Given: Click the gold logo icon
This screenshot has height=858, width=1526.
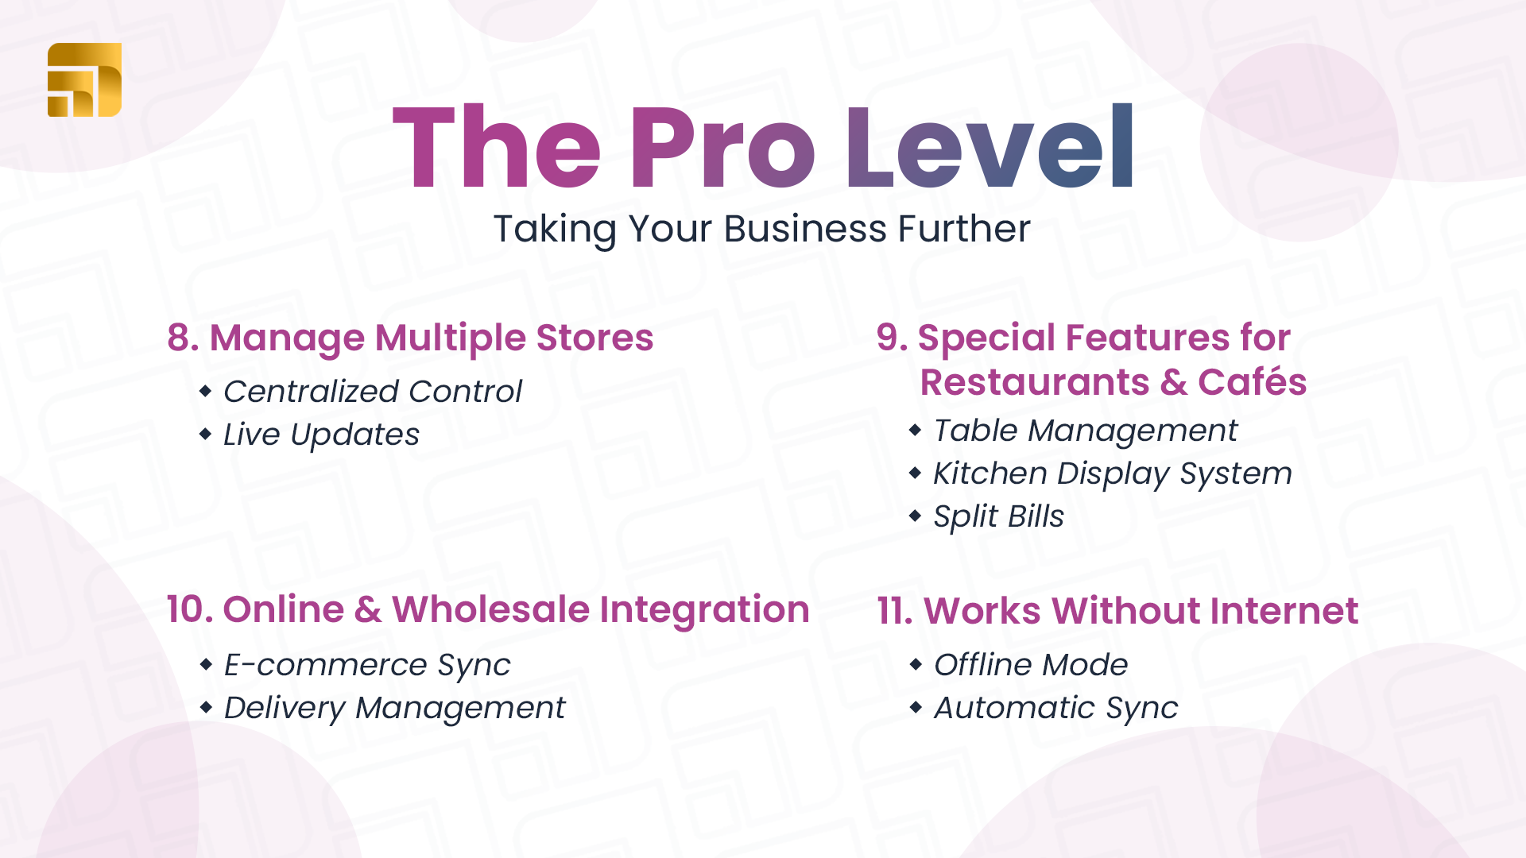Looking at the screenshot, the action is [x=84, y=79].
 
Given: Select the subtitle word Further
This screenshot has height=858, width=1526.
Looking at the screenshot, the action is [x=964, y=229].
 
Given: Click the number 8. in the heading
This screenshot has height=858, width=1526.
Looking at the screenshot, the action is [x=183, y=338].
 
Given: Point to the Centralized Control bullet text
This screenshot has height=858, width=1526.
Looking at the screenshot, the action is [x=373, y=391].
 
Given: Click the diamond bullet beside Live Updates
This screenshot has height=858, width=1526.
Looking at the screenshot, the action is [x=206, y=434].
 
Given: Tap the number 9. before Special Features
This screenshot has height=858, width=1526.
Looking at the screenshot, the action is [x=893, y=338].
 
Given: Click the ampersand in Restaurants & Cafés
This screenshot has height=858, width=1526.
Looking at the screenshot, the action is [x=1174, y=382].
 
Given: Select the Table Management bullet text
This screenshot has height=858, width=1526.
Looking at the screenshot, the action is [x=1086, y=431].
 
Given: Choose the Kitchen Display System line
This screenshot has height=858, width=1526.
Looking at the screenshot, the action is [x=1113, y=473].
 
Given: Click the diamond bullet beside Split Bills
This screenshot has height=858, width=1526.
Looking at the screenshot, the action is [x=916, y=516].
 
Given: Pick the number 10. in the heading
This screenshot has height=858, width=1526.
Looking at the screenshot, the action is [x=190, y=609].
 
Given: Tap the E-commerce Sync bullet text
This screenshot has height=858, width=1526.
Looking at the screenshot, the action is [x=367, y=665].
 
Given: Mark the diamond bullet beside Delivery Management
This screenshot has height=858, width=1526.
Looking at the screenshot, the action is [x=206, y=707].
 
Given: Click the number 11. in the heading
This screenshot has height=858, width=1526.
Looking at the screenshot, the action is [x=895, y=611].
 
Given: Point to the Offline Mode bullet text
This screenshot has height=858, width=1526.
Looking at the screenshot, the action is [x=1031, y=665].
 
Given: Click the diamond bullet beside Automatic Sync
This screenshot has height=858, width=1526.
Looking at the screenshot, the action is [x=916, y=707].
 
